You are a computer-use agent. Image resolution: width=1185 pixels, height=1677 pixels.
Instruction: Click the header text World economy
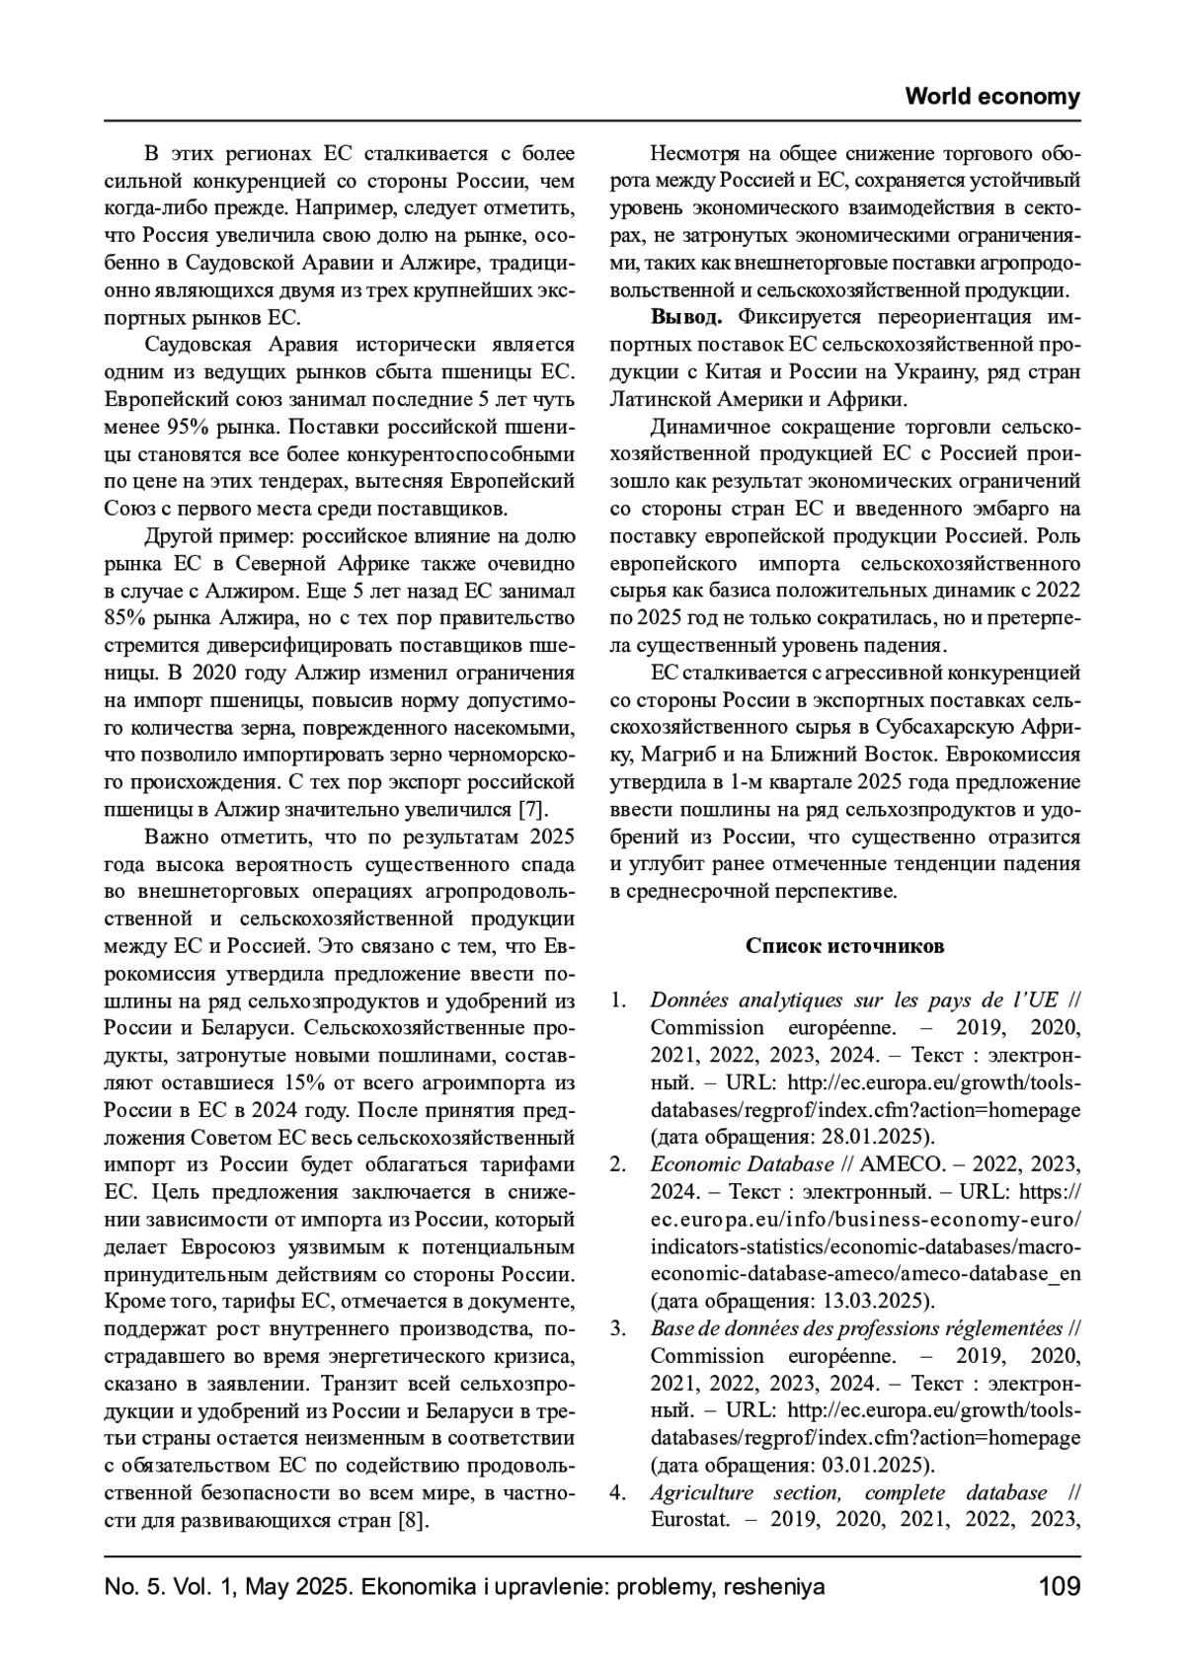click(x=991, y=97)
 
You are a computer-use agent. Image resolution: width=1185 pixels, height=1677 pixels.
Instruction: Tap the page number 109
click(x=1059, y=1587)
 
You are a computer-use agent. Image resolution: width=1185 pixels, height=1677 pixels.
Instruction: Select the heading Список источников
click(x=844, y=946)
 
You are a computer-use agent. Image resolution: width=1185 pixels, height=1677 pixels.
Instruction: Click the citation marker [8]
click(x=413, y=1520)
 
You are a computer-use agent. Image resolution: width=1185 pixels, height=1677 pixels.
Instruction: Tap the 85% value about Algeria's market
click(x=124, y=618)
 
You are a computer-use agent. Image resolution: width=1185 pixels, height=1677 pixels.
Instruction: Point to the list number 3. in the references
click(x=618, y=1328)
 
